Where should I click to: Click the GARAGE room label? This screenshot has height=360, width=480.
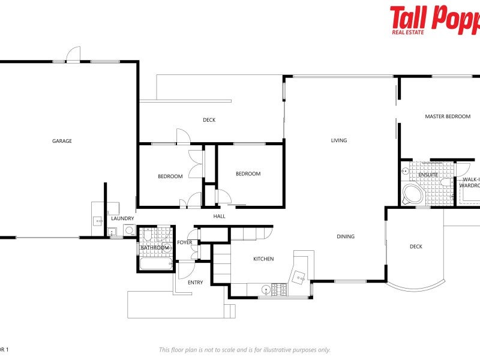(62, 141)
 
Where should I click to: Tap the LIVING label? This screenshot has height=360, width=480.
(339, 140)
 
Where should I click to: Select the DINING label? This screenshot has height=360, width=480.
(346, 236)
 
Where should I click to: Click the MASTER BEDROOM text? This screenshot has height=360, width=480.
(448, 116)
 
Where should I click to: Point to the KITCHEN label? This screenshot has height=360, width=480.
(263, 259)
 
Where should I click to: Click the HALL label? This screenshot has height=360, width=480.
(220, 216)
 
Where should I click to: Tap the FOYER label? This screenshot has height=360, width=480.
(185, 242)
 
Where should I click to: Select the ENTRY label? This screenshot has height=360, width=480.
(196, 283)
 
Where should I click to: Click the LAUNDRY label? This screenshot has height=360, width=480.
(122, 218)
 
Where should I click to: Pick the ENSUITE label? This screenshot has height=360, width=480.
(428, 175)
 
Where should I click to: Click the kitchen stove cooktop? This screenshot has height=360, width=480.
(279, 290)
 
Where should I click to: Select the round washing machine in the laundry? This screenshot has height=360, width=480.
(128, 230)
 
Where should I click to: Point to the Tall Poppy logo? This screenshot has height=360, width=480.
(434, 19)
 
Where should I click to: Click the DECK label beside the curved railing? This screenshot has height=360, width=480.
(416, 247)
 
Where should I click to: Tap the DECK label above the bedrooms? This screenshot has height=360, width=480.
(209, 120)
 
